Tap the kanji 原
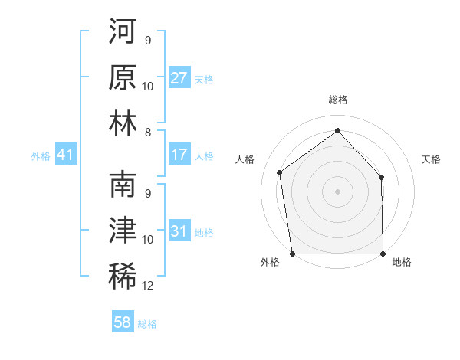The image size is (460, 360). tap(123, 78)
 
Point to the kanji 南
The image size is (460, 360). tap(123, 185)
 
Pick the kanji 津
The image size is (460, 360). tap(123, 231)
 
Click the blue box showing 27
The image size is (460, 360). tap(179, 78)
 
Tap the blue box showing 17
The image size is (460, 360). tap(179, 155)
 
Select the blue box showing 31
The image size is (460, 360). tap(179, 231)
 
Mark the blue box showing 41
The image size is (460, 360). tap(65, 155)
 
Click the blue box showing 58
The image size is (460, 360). tap(123, 322)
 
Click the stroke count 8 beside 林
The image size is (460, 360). tap(148, 133)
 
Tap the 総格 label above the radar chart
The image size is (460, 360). tap(337, 100)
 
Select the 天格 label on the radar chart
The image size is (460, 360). tap(432, 159)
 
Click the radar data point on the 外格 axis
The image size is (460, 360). tap(292, 254)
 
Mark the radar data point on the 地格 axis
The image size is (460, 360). tap(383, 254)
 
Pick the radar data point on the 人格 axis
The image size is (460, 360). tap(280, 172)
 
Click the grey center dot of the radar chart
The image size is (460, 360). tap(337, 191)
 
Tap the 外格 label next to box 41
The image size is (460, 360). tap(40, 156)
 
